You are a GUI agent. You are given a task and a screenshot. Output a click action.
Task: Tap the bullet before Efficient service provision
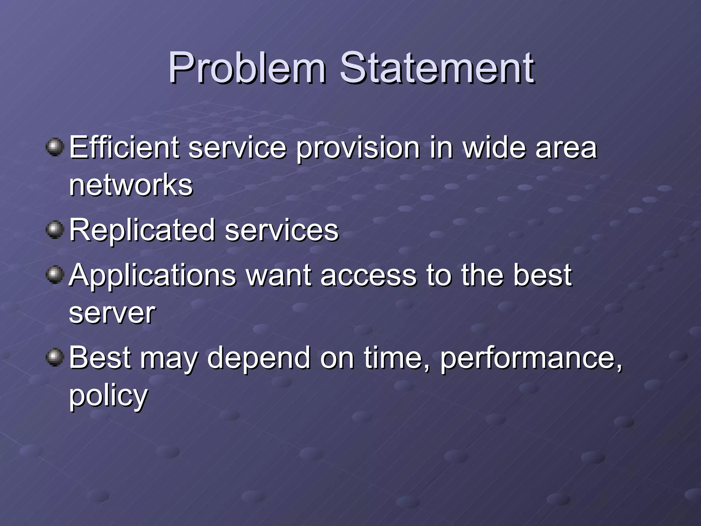(55, 147)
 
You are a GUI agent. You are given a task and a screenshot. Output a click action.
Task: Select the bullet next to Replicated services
(55, 229)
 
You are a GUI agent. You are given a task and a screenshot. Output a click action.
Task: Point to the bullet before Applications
(55, 275)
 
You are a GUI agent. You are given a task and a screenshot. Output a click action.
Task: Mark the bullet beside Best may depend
(55, 357)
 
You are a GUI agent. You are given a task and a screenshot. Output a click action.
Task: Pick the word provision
(358, 148)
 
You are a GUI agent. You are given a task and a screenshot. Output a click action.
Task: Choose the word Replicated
(142, 230)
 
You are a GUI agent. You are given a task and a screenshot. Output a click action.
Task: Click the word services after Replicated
(281, 230)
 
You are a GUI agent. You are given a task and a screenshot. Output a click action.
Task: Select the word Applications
(153, 276)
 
